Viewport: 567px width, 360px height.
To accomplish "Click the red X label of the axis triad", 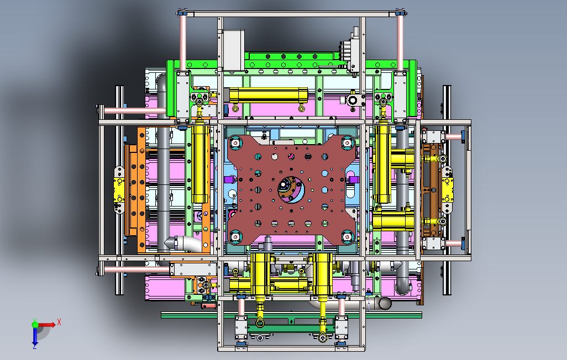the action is coord(59,322).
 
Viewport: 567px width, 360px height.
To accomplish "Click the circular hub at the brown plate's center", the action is coord(291,189).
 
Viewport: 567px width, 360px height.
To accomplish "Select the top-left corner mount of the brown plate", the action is coord(235,143).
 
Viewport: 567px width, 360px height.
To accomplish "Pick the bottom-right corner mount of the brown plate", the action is coord(347,237).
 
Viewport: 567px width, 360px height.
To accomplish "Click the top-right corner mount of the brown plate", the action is coord(348,143).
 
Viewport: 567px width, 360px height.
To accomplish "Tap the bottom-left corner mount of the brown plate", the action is coord(235,237).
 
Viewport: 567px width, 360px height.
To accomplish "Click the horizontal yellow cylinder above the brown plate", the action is coord(269,95).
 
